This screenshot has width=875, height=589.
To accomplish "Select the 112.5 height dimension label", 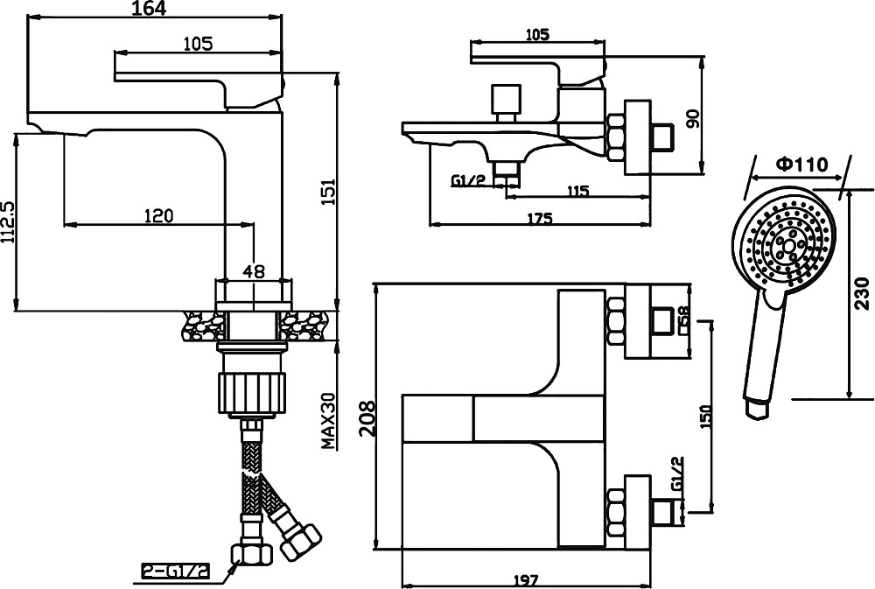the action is (x=9, y=221).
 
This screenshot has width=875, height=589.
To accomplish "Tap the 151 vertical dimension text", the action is (x=329, y=192).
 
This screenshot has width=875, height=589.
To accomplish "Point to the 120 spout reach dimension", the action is (x=159, y=215).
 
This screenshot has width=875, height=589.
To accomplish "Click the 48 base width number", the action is (x=254, y=271).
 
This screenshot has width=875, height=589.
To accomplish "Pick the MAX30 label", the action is (x=329, y=420).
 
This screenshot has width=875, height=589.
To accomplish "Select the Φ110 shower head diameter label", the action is (x=801, y=165).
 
